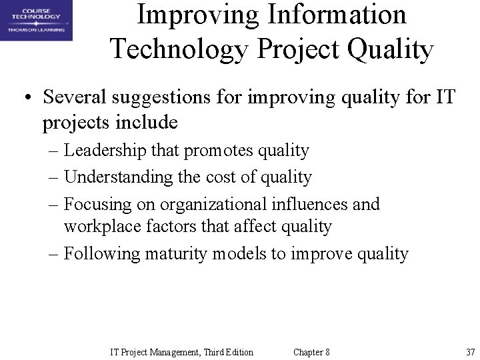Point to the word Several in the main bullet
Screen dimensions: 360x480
[x=75, y=98]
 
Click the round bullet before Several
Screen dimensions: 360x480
[x=26, y=99]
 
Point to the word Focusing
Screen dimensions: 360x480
[x=99, y=204]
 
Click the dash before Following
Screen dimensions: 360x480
[x=55, y=254]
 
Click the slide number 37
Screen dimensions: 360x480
[x=470, y=352]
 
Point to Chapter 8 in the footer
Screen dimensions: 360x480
[x=311, y=352]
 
